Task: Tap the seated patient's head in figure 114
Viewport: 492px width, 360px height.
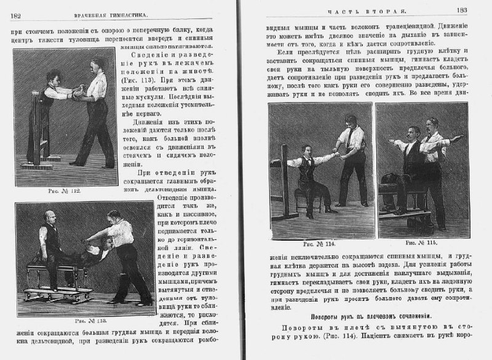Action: pos(306,151)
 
